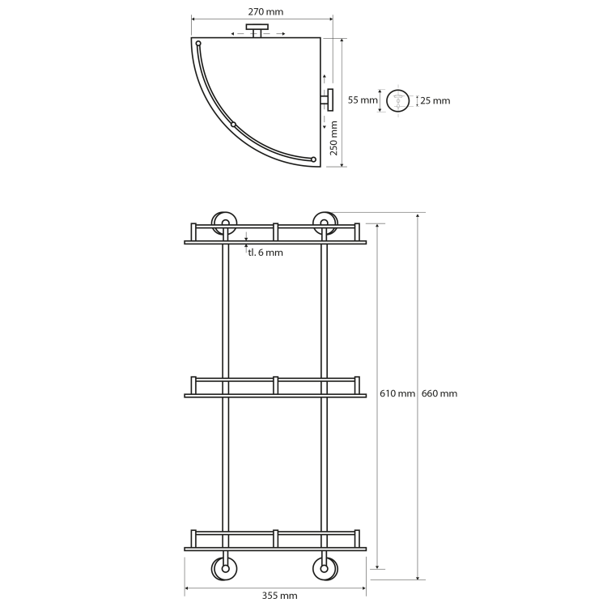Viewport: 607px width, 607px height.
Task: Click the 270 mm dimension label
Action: (265, 12)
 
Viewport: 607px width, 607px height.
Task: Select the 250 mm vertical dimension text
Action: (333, 138)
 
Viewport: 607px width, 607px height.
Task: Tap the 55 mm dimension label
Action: (363, 100)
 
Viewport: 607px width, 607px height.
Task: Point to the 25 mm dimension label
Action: (435, 101)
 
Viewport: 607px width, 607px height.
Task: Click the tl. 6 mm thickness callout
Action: (265, 253)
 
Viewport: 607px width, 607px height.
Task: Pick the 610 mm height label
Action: (397, 393)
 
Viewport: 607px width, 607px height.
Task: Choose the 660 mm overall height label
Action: (439, 393)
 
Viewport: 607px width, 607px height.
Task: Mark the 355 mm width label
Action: (279, 596)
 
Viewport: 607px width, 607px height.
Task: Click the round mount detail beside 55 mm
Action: (398, 100)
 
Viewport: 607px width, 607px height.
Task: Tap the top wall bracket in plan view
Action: (257, 30)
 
